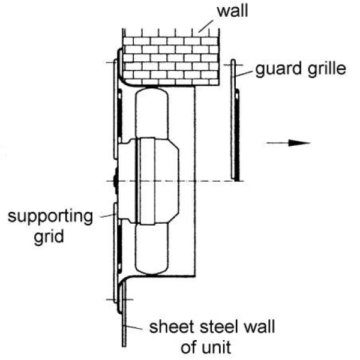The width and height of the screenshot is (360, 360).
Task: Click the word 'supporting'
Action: tap(50, 216)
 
